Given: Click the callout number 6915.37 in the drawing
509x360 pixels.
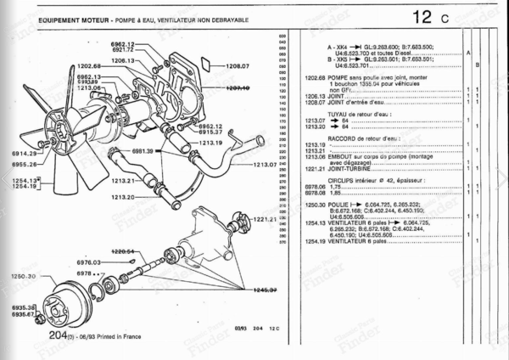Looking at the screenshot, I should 204,132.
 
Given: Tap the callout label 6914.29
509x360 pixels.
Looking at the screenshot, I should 25,154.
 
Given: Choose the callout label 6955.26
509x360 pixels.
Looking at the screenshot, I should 25,164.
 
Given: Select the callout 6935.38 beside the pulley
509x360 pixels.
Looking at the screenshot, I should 22,307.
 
